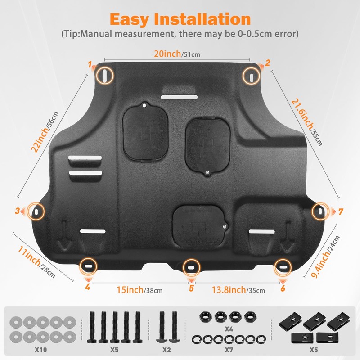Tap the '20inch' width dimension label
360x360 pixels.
click(x=167, y=54)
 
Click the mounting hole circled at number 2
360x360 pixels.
click(x=251, y=75)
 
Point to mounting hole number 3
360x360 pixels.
click(x=36, y=210)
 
